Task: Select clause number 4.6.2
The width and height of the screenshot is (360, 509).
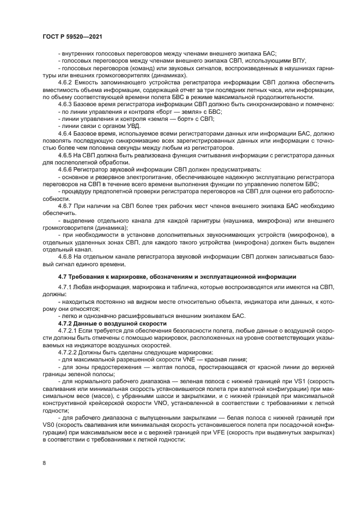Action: coord(66,82)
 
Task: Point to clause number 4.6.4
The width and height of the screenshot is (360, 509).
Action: coord(66,133)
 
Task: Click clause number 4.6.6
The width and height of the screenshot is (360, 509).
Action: coord(66,170)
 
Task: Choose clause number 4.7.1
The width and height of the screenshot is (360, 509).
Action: coord(66,287)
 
